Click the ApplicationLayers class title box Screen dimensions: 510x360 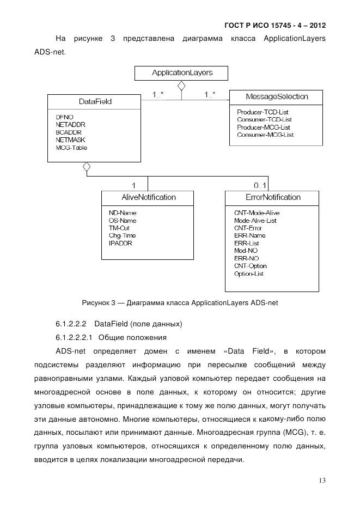182,72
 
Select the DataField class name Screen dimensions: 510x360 86,101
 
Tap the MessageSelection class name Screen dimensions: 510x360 276,97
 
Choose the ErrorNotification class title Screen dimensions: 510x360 272,197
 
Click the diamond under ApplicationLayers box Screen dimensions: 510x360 181,86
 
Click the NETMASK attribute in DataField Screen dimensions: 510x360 67,140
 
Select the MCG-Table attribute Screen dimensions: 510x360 71,148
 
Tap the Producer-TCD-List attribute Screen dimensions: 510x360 263,112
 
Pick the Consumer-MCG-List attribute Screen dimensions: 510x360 265,135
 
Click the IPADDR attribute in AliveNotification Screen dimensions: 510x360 120,243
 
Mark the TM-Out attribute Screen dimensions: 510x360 119,228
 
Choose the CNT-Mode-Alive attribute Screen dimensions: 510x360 257,212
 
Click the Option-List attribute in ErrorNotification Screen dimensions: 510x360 248,274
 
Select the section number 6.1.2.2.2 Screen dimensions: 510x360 73,324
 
